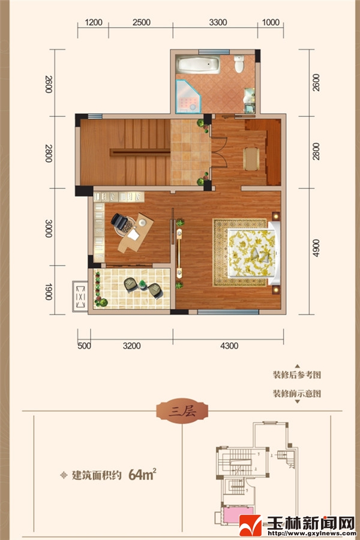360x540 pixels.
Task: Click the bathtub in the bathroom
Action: [x=198, y=64]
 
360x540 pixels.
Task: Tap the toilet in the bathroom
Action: [x=239, y=64]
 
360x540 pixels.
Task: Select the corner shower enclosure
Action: [x=188, y=97]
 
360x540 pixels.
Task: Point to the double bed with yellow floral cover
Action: [x=253, y=253]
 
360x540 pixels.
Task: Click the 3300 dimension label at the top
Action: [x=218, y=22]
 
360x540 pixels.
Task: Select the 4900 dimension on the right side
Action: [x=316, y=248]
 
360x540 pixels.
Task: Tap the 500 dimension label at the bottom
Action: [x=84, y=346]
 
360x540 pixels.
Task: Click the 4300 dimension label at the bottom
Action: [x=229, y=346]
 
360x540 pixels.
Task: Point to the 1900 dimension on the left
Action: [x=49, y=292]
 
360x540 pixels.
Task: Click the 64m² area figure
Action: [x=142, y=475]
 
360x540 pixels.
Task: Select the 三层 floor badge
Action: [x=182, y=411]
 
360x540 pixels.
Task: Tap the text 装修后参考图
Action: [x=297, y=374]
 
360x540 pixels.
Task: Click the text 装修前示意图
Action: [x=297, y=393]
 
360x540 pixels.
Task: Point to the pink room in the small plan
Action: [x=238, y=515]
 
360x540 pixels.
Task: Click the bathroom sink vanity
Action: [x=249, y=101]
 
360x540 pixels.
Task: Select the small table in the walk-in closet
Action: [x=251, y=159]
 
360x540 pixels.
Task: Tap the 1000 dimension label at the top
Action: [x=271, y=22]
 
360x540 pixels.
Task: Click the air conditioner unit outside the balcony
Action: [x=80, y=296]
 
